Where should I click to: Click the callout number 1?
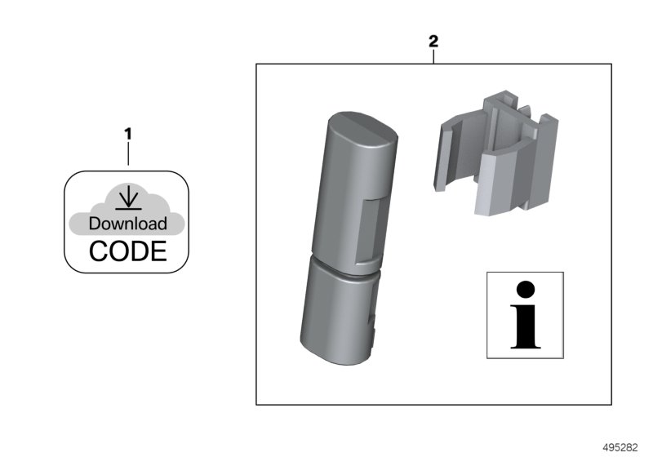pos(127,132)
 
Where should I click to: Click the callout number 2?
pos(433,40)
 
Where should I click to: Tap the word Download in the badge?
pos(127,223)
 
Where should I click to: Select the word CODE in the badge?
pos(127,251)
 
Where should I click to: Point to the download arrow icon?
pos(127,197)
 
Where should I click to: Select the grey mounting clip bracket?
pos(499,155)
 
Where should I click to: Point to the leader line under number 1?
pos(127,155)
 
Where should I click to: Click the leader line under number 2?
pos(433,55)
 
